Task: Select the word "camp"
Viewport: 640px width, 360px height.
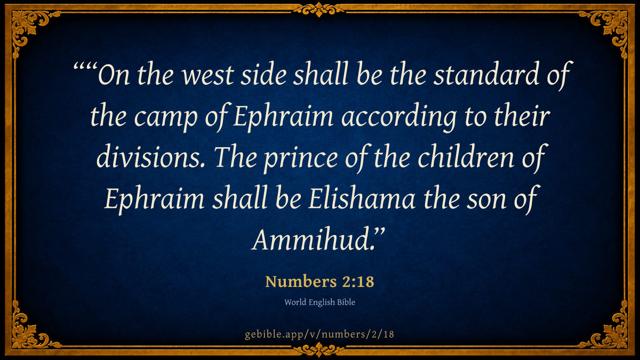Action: pos(166,118)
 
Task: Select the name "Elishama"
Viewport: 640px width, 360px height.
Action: pos(362,197)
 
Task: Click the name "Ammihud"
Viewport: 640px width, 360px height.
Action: pos(314,239)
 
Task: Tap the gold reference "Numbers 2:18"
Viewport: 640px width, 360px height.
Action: pos(319,282)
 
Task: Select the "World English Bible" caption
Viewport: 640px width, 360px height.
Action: pos(319,302)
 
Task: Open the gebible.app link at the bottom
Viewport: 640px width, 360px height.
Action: pos(319,334)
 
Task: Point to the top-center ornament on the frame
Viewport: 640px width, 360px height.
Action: pos(319,10)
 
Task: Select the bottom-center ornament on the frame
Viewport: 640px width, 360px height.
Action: pos(319,350)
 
